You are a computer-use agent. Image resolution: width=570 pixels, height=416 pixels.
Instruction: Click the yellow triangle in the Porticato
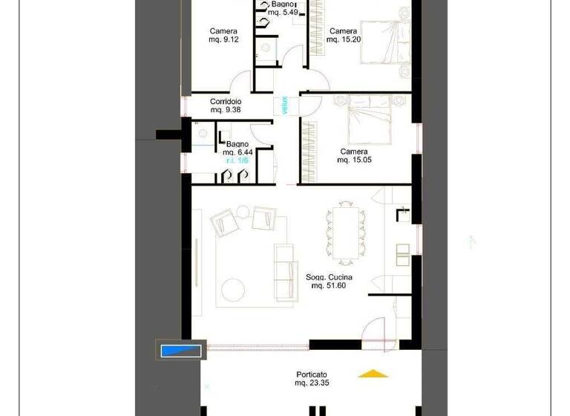point(373,374)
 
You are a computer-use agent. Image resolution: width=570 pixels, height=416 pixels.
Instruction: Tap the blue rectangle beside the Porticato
point(180,350)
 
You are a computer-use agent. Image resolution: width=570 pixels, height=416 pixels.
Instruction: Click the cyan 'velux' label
point(284,105)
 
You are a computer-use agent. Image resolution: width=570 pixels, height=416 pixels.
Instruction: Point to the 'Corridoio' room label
point(225,101)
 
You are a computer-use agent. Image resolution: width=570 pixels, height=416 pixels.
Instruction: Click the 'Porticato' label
point(311,374)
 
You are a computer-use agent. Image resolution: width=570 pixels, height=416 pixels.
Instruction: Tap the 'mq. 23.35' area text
point(311,383)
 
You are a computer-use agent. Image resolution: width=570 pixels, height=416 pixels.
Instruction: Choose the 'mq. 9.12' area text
point(223,40)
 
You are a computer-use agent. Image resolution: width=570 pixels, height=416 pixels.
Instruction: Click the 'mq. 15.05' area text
point(353,160)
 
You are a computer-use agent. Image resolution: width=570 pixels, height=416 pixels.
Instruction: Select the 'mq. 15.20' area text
point(344,40)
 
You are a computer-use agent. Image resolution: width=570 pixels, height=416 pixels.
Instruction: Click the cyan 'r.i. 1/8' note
point(238,160)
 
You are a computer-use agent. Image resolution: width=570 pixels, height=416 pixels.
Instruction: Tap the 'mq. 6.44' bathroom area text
point(237,152)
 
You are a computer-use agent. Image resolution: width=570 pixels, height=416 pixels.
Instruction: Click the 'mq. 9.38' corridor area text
point(225,110)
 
